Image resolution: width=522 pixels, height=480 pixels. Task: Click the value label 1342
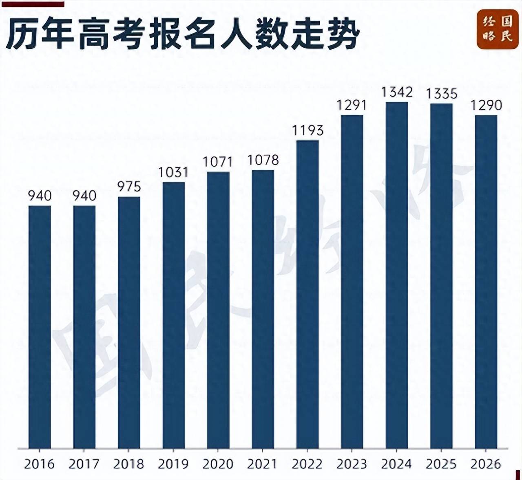tap(397, 92)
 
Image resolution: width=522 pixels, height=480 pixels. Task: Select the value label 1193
tap(308, 130)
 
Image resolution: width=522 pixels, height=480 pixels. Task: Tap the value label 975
tap(129, 187)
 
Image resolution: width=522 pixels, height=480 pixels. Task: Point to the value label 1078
tap(263, 160)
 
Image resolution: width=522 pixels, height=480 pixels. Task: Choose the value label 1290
tap(487, 105)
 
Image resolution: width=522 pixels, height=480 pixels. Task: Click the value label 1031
tap(174, 172)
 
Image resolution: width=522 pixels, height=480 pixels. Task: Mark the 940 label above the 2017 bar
tap(84, 196)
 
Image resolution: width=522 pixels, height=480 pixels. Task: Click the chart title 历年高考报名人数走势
tap(183, 33)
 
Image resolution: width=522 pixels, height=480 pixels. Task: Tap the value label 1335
tap(442, 94)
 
